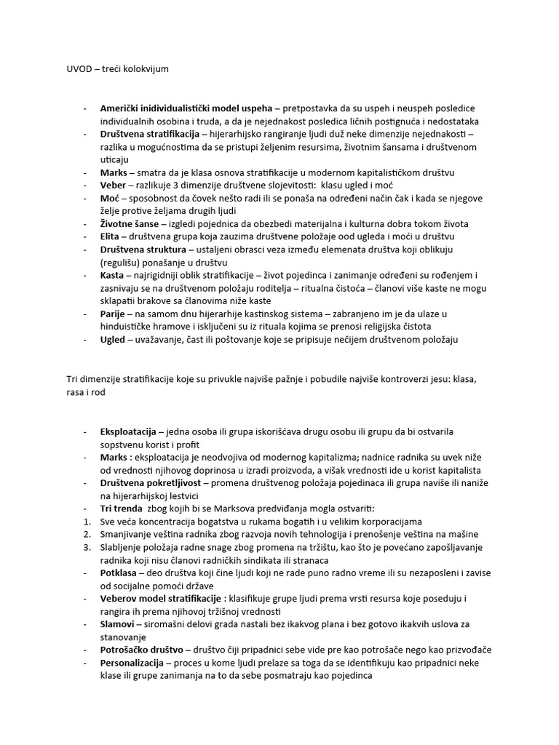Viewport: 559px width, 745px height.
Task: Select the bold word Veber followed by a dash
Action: coord(114,186)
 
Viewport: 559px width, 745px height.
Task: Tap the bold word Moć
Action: coord(110,198)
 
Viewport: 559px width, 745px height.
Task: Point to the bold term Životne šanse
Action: coord(129,223)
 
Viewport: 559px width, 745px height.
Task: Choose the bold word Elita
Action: coord(111,236)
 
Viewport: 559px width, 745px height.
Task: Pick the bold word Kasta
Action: coord(112,275)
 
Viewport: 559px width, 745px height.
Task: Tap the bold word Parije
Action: coord(114,314)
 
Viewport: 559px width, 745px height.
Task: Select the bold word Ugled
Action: coord(113,339)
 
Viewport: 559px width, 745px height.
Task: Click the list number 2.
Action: coord(86,534)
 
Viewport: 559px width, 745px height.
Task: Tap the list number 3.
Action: coord(86,547)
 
